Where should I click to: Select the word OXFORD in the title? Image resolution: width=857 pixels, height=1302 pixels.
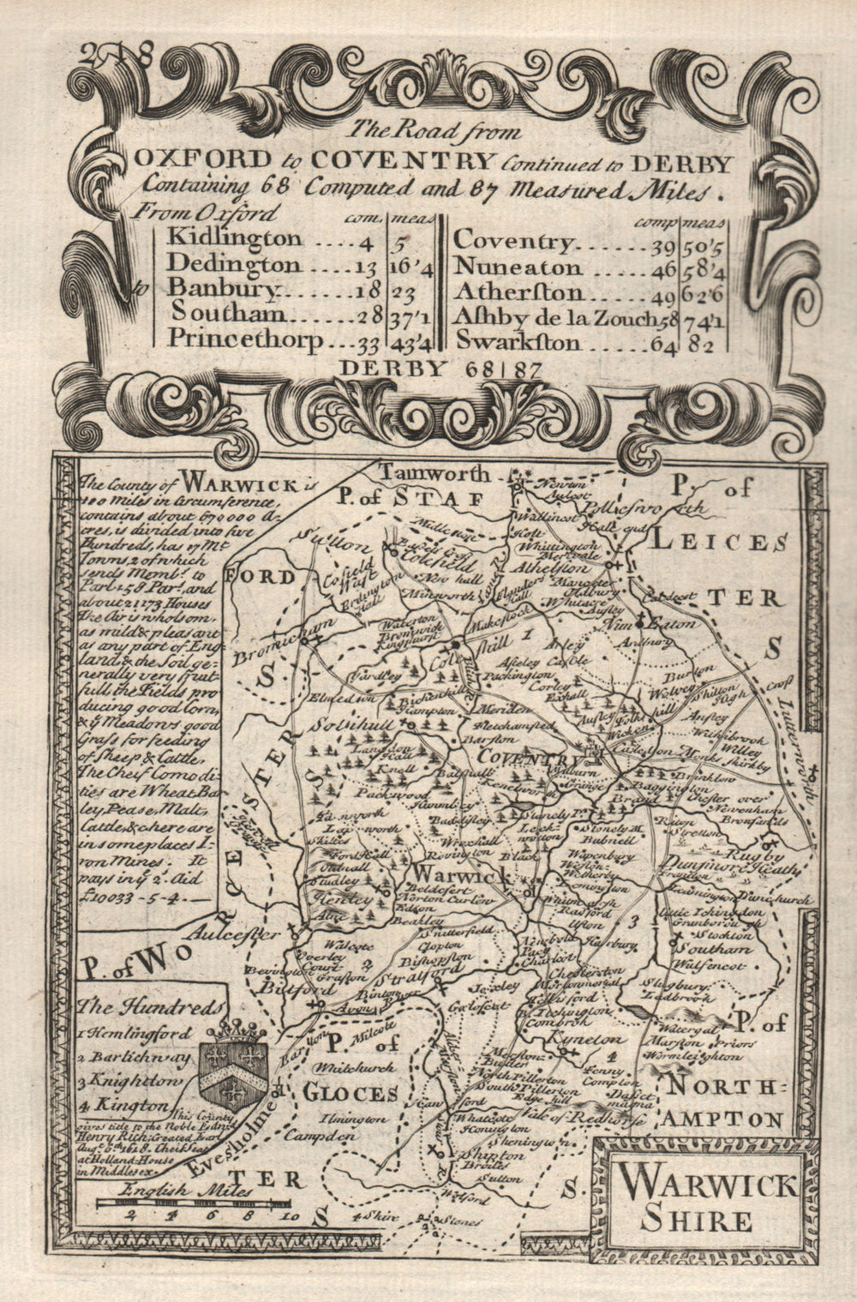177,161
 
